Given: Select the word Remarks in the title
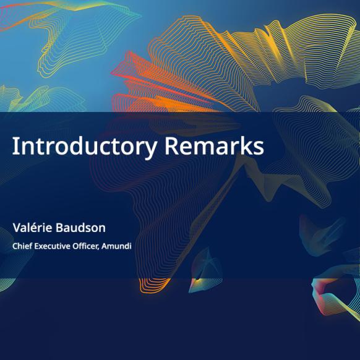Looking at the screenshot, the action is (x=215, y=146).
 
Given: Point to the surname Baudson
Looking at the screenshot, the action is (x=80, y=228).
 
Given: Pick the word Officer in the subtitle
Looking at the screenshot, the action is (x=85, y=246).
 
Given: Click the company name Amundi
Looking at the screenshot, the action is (x=116, y=246).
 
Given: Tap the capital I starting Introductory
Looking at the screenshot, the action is (x=15, y=146).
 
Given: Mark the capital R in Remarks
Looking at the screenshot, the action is (x=171, y=146).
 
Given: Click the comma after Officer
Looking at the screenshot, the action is (x=99, y=249).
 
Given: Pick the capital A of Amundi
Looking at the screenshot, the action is (x=105, y=246).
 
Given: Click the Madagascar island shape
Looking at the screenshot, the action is (x=205, y=271).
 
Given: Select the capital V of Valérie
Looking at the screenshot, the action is (x=17, y=228).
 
